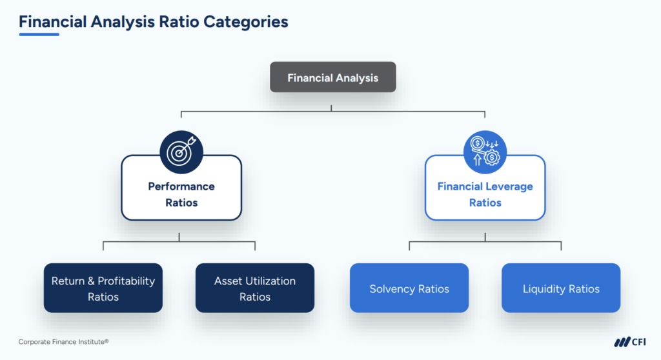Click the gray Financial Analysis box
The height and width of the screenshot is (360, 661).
[332, 77]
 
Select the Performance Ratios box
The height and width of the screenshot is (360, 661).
[181, 194]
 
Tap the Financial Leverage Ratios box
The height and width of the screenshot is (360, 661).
[485, 194]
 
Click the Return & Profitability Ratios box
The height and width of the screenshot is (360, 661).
[103, 288]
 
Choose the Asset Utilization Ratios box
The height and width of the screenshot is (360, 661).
[255, 288]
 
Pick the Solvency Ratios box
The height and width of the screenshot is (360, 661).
[409, 288]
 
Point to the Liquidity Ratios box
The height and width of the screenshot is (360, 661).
[561, 288]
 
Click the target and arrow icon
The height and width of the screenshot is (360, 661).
[181, 152]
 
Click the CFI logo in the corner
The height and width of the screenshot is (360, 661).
[629, 342]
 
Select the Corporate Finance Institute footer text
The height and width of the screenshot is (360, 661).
[63, 342]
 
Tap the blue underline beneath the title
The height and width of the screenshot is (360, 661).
[39, 34]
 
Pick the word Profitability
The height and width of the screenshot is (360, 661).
[126, 281]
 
